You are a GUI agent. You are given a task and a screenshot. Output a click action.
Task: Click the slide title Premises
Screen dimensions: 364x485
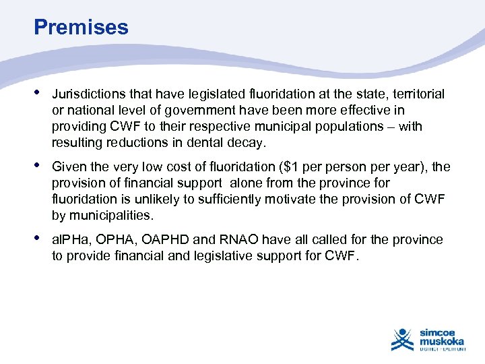[x=81, y=27]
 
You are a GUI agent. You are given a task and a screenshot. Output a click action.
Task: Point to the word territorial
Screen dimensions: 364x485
[x=417, y=94]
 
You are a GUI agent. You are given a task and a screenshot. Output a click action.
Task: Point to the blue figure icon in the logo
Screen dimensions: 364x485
[x=402, y=339]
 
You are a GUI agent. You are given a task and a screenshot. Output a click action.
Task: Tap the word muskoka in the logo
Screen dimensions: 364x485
[x=442, y=342]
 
